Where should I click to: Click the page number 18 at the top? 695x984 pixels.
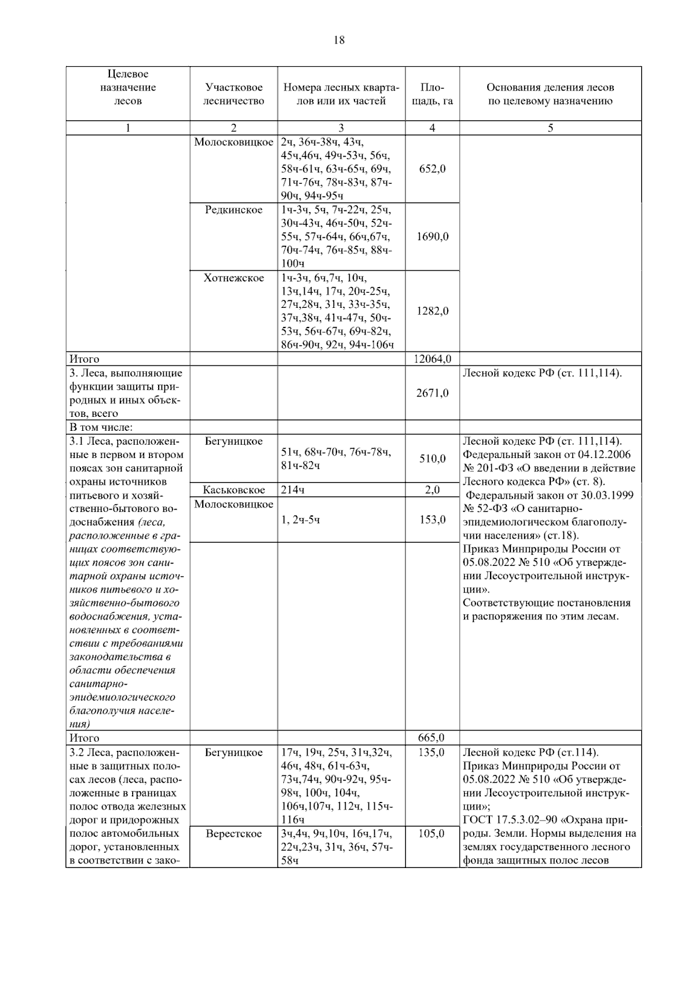(x=339, y=40)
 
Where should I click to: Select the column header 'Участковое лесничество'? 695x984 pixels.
(x=233, y=94)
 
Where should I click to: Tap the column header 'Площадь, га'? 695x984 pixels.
(x=432, y=94)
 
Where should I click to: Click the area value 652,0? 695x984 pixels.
(x=432, y=169)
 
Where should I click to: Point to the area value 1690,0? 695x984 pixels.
(x=432, y=237)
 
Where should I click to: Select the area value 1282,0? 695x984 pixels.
(x=432, y=311)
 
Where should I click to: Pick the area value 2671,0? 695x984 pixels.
(x=432, y=393)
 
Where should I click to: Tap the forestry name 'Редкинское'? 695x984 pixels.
(x=233, y=210)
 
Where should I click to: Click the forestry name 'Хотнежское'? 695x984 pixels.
(x=233, y=278)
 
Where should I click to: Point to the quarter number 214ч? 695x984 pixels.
(x=293, y=490)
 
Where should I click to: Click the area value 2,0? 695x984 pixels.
(x=432, y=490)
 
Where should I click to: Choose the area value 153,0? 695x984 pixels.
(x=432, y=520)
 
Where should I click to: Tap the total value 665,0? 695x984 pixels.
(x=431, y=738)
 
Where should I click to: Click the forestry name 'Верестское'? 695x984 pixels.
(x=233, y=834)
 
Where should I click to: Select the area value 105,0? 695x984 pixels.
(x=431, y=834)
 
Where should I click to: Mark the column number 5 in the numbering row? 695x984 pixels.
(x=550, y=128)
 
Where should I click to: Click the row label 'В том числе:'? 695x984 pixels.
(x=101, y=427)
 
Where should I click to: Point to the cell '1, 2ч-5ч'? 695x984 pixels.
(x=300, y=520)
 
